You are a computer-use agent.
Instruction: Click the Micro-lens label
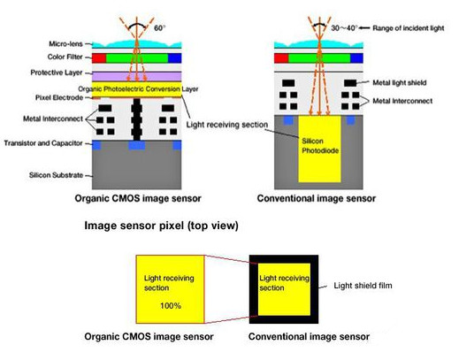pos(65,44)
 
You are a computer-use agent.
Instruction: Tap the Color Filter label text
pos(65,57)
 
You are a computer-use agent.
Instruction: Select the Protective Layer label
pos(57,73)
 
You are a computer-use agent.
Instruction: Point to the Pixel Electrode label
pos(59,97)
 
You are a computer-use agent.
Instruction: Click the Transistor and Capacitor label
pos(43,143)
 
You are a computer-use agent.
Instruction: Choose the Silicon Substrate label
pos(56,175)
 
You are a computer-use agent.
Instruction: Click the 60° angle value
pos(160,28)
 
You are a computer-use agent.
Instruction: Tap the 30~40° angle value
pos(344,28)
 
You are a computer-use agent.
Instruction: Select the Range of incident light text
pos(409,28)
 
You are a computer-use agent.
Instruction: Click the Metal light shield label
pos(400,82)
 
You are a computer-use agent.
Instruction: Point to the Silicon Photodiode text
pos(320,146)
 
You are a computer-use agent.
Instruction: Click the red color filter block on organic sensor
pos(99,58)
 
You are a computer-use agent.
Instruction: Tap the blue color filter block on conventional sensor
pos(356,58)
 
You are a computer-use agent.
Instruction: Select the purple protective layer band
pos(137,76)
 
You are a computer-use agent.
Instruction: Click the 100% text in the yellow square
pos(171,305)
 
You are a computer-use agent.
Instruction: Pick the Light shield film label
pos(363,286)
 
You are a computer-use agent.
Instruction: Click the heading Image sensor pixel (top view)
pos(161,226)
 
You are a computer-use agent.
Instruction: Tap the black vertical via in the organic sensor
pos(137,119)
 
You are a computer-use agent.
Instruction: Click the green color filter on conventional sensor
pos(319,58)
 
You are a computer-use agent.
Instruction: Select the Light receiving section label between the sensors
pos(227,125)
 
